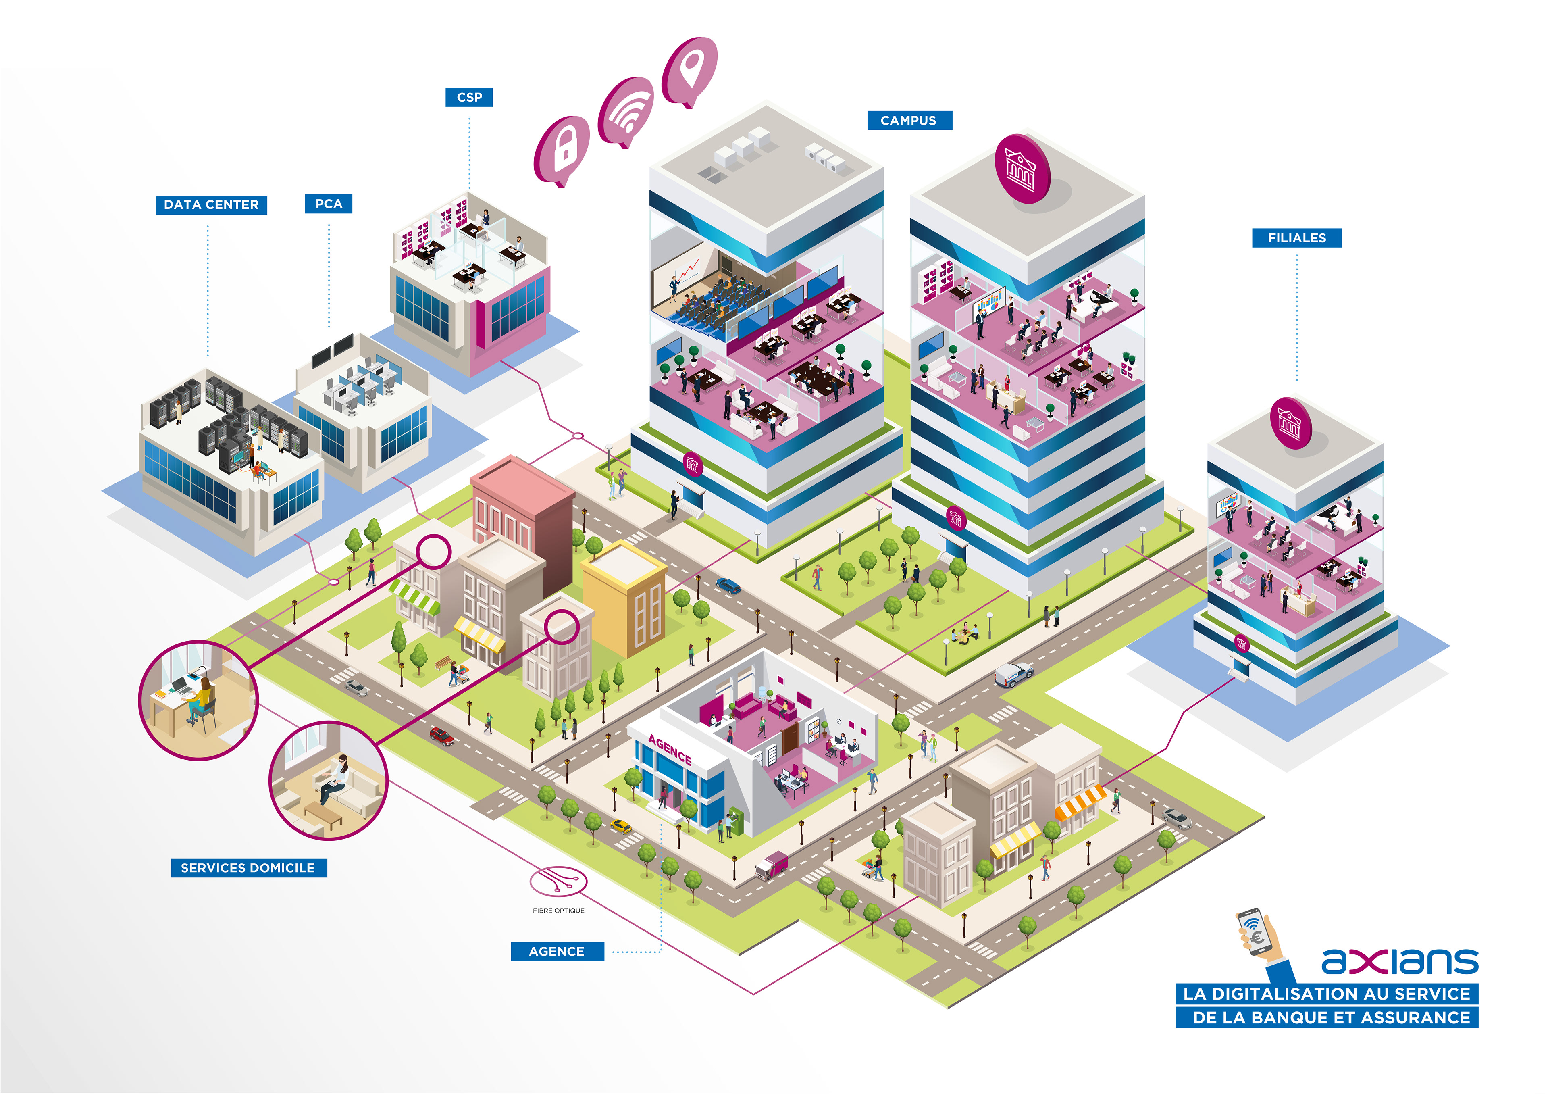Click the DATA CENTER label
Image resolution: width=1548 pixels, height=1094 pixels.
pos(211,204)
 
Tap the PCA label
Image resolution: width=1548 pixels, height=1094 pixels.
pos(328,204)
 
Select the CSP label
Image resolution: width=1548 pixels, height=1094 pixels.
pos(469,97)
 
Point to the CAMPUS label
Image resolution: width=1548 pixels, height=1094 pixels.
pos(908,120)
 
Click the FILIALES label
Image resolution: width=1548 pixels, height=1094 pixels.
pos(1296,238)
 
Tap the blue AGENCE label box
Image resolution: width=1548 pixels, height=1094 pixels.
pos(556,951)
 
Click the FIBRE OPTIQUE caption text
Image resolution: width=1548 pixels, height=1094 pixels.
pos(558,911)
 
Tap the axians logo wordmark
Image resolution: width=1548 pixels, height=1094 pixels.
pos(1399,961)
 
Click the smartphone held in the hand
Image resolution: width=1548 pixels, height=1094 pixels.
pos(1255,931)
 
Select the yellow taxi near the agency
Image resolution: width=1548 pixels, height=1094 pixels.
pos(620,826)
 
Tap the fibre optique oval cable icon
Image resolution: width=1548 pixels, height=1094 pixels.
pos(558,881)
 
